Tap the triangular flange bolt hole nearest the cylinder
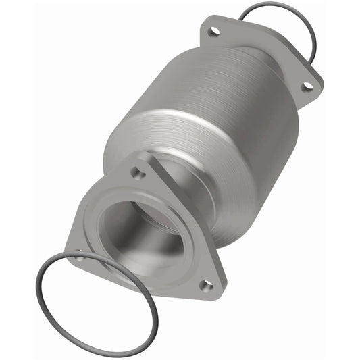point(138,174)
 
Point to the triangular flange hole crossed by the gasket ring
point(79,257)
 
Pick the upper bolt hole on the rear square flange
point(214,31)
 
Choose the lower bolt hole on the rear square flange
point(307,86)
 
